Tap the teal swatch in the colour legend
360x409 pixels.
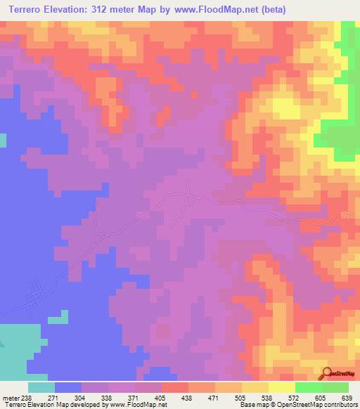point(41,387)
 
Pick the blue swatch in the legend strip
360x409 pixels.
point(68,387)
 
